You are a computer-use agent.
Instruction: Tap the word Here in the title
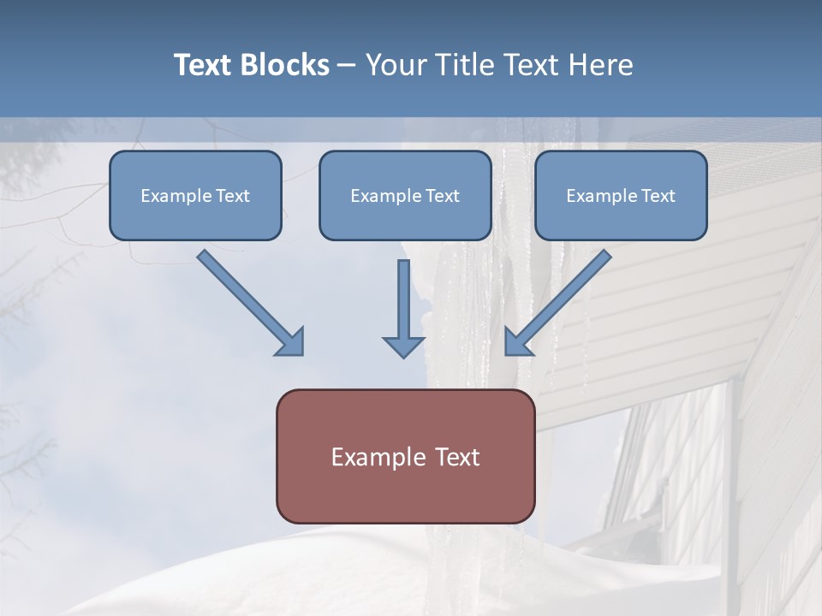pyautogui.click(x=603, y=65)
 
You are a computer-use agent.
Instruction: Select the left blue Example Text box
pyautogui.click(x=195, y=195)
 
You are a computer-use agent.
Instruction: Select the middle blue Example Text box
pyautogui.click(x=405, y=195)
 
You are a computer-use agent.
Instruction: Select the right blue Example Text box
pyautogui.click(x=621, y=195)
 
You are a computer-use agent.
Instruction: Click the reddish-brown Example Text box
pyautogui.click(x=405, y=456)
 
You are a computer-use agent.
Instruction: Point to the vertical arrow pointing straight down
pyautogui.click(x=403, y=308)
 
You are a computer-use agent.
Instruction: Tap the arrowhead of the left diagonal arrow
pyautogui.click(x=291, y=343)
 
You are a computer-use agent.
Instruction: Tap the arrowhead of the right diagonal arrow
pyautogui.click(x=517, y=343)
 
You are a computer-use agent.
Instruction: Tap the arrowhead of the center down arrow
pyautogui.click(x=403, y=345)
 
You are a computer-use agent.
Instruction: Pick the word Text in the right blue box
pyautogui.click(x=658, y=196)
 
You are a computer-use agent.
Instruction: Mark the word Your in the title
pyautogui.click(x=391, y=65)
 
